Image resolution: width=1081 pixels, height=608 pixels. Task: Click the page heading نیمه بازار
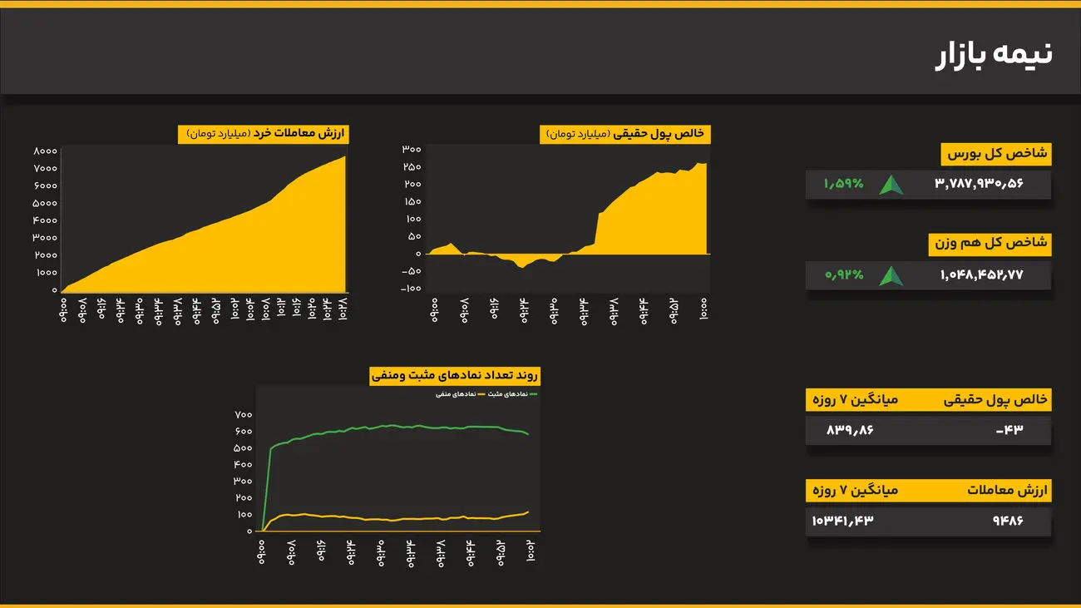[x=994, y=54]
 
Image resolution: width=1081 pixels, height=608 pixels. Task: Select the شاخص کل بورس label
[x=996, y=154]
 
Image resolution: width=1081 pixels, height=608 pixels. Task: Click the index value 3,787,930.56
[x=979, y=184]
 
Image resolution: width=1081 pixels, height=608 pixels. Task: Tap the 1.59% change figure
[x=844, y=184]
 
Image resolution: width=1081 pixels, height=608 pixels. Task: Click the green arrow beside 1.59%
[x=891, y=185]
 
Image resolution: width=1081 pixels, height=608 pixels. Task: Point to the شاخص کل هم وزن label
[x=990, y=244]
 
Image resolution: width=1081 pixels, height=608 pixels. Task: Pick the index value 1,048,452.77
[x=981, y=274]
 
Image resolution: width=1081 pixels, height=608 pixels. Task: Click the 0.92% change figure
[x=844, y=274]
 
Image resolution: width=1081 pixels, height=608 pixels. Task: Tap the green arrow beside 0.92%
[x=891, y=275]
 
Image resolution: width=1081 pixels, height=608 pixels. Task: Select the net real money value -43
[x=1009, y=430]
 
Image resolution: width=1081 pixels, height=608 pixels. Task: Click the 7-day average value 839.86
[x=850, y=430]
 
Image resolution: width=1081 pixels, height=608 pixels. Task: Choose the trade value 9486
[x=1007, y=521]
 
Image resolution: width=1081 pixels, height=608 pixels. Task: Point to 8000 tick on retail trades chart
[x=45, y=151]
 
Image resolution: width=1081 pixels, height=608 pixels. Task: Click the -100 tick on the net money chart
[x=411, y=289]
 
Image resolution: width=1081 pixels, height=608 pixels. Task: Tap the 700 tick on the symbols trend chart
[x=243, y=414]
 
